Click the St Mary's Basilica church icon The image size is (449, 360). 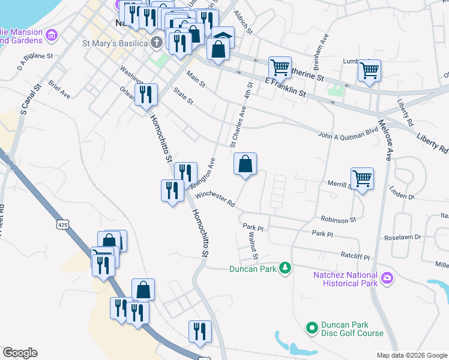pyautogui.click(x=157, y=43)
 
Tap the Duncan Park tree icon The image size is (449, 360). pyautogui.click(x=287, y=268)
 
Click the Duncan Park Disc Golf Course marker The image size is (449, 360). pyautogui.click(x=312, y=328)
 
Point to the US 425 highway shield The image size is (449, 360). pyautogui.click(x=63, y=224)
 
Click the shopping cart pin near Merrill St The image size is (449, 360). pyautogui.click(x=362, y=178)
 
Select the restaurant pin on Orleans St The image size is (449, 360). pyautogui.click(x=146, y=94)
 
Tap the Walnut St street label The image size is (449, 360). pyautogui.click(x=253, y=247)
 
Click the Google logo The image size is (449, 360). pyautogui.click(x=20, y=353)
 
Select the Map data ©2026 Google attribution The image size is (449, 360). pyautogui.click(x=411, y=355)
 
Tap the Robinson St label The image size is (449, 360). pyautogui.click(x=339, y=220)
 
